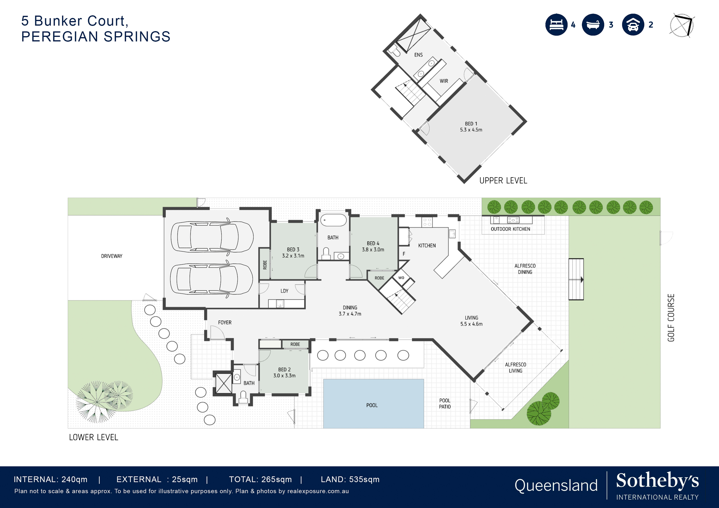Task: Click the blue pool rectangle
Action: [x=373, y=404]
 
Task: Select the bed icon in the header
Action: [x=556, y=25]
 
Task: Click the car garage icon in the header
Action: [x=633, y=25]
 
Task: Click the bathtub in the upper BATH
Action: [x=333, y=220]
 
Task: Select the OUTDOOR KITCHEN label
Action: [x=510, y=229]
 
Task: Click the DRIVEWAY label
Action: [x=112, y=256]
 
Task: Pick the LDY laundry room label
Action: [x=284, y=291]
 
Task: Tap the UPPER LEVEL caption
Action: [x=503, y=181]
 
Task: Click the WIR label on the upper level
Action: [x=444, y=81]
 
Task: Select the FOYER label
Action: [x=225, y=322]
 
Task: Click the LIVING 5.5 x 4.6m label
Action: [x=471, y=321]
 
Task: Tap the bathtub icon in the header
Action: [x=593, y=25]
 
